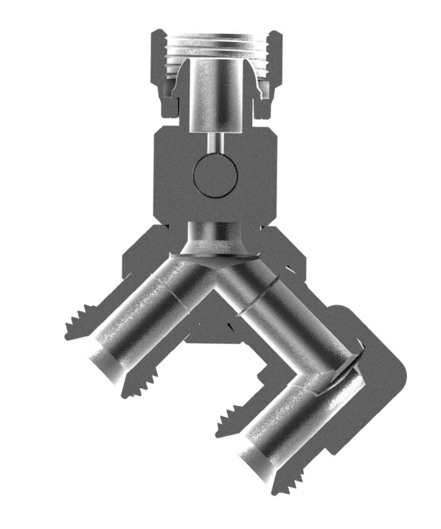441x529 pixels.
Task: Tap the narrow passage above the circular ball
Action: click(215, 142)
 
